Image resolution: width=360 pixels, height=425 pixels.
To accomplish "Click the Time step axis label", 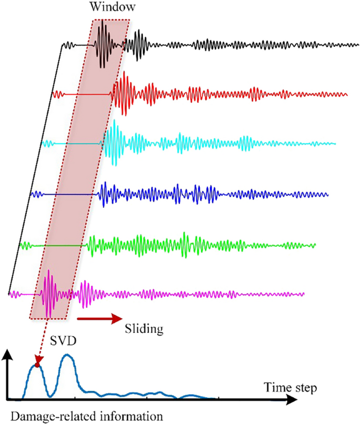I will coord(290,389).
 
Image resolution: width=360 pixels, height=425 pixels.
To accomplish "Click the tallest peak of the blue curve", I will coord(67,357).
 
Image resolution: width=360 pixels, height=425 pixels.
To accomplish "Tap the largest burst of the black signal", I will coord(103,44).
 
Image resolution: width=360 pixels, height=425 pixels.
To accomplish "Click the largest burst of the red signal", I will coord(124,94).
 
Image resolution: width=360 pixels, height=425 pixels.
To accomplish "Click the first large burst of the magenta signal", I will coord(48,293).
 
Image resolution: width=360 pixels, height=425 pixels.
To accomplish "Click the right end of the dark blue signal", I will coord(327,194).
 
